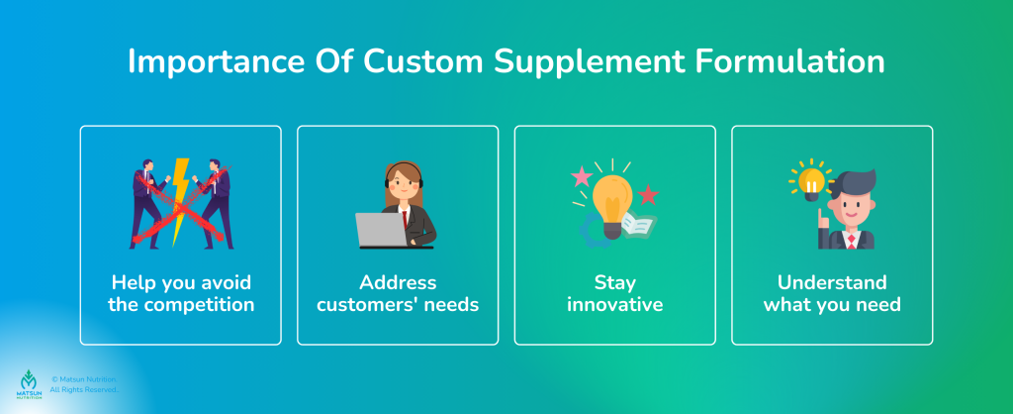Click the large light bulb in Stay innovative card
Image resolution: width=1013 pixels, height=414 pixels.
613,195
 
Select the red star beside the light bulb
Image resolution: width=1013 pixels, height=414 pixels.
648,194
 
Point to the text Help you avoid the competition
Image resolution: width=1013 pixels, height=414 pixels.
180,293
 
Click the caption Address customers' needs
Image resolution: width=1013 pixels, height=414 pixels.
398,293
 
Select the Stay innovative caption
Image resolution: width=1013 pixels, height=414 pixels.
614,293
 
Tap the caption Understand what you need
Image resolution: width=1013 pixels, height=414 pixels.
832,293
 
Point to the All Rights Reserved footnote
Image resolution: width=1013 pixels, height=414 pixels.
84,390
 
